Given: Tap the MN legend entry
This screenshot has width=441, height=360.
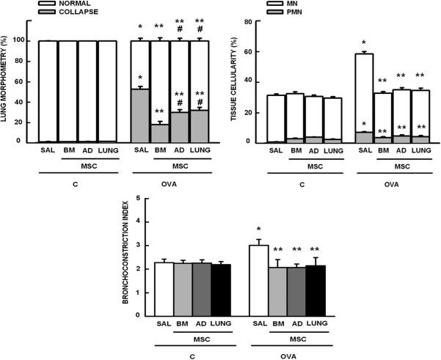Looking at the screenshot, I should pyautogui.click(x=280, y=4).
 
